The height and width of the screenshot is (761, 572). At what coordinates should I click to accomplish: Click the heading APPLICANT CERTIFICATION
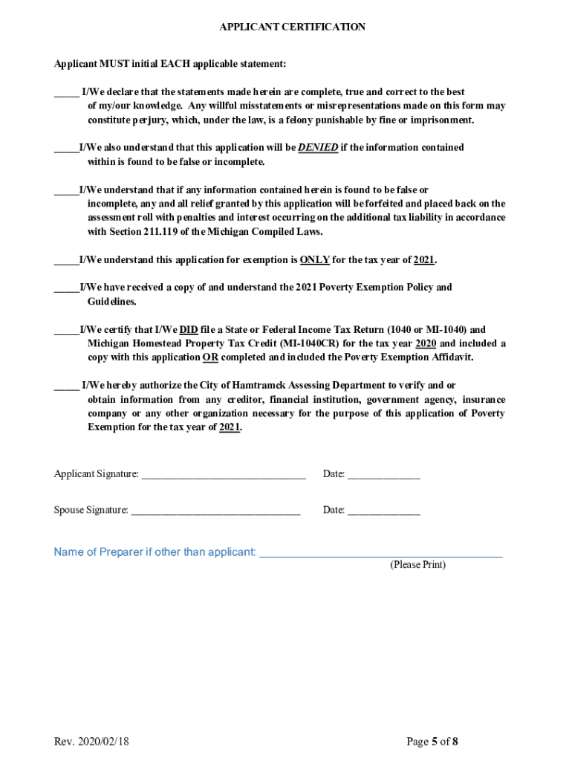(x=292, y=27)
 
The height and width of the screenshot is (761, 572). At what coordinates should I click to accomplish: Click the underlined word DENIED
(x=318, y=147)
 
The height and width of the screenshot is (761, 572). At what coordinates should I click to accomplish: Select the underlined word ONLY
(x=314, y=260)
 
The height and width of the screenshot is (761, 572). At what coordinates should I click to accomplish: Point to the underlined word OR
(x=210, y=357)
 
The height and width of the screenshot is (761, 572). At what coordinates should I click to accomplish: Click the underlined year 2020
(x=426, y=343)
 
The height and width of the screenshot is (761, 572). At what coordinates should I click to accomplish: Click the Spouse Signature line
(x=215, y=511)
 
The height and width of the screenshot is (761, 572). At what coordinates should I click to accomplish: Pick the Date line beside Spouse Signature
(x=383, y=511)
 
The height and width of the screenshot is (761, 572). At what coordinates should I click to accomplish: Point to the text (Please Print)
(x=417, y=565)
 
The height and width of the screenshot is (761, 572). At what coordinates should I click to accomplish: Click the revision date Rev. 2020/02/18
(x=91, y=742)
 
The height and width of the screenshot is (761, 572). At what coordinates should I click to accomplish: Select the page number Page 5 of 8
(x=432, y=742)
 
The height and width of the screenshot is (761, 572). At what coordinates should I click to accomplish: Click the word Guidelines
(x=111, y=302)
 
